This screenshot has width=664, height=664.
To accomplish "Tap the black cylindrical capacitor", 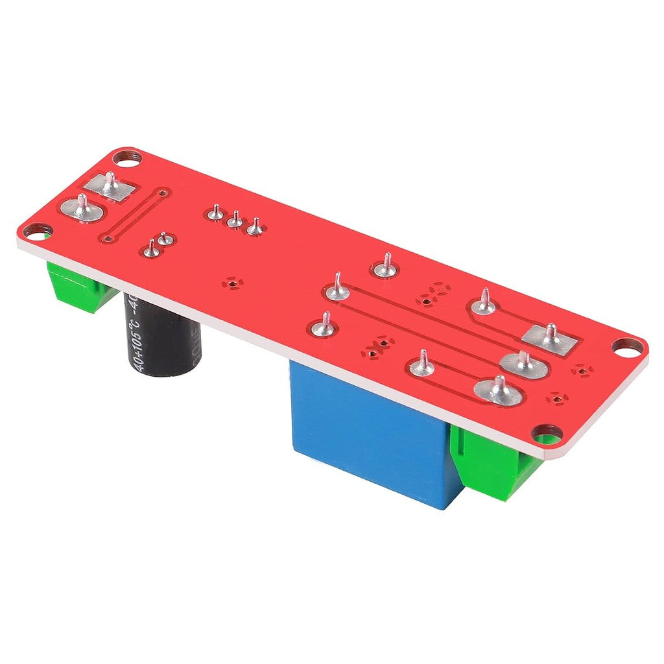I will pyautogui.click(x=162, y=337).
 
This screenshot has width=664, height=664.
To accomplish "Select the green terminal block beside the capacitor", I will pyautogui.click(x=78, y=285).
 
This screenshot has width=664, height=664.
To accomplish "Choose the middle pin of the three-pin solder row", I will pyautogui.click(x=235, y=221).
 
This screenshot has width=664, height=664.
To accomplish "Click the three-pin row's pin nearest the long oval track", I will pyautogui.click(x=215, y=212).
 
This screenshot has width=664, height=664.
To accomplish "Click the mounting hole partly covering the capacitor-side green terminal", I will pyautogui.click(x=38, y=230).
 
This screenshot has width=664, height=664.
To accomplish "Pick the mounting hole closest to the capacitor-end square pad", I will pyautogui.click(x=127, y=157).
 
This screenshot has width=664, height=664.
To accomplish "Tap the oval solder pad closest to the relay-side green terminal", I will pyautogui.click(x=498, y=392).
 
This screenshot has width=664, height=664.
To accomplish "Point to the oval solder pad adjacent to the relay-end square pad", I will pyautogui.click(x=523, y=364).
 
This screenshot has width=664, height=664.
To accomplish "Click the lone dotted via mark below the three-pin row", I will pyautogui.click(x=231, y=283).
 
